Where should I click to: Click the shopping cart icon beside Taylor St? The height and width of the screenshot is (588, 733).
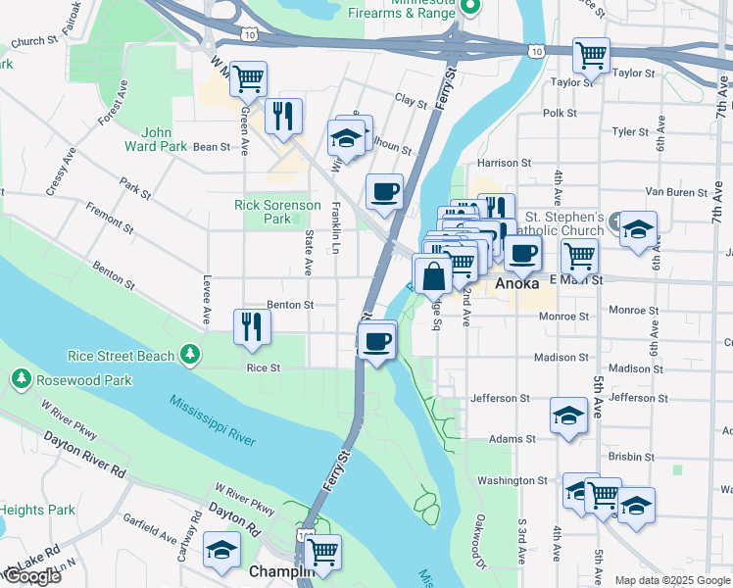[x=591, y=55]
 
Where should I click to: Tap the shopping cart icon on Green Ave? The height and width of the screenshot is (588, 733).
[x=249, y=77]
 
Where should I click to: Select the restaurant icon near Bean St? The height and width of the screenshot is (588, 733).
[x=282, y=116]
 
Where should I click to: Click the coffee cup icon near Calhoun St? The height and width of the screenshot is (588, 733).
[x=384, y=190]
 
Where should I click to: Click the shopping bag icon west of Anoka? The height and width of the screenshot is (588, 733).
[x=432, y=275]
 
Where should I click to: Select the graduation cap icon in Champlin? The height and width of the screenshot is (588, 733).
[x=222, y=550]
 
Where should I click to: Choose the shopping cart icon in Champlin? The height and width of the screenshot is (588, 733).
[x=321, y=552]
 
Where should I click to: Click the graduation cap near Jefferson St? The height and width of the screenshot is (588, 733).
[x=568, y=416]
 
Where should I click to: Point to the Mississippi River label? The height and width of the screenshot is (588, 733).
[x=212, y=419]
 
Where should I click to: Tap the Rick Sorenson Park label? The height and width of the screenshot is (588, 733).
[x=277, y=212]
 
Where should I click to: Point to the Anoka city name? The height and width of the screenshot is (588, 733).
[x=516, y=283]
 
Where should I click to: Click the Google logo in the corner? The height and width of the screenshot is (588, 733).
[x=31, y=576]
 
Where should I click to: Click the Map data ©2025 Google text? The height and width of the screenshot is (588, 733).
[x=671, y=580]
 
